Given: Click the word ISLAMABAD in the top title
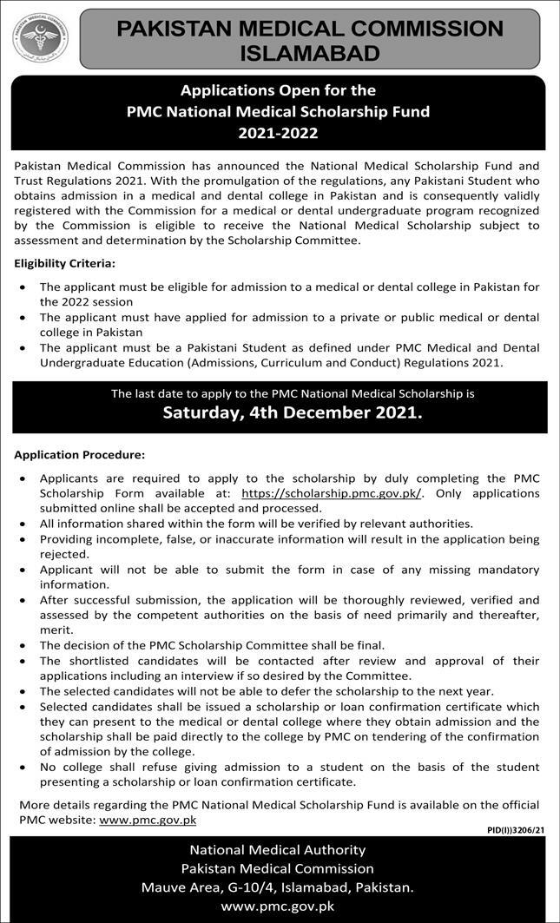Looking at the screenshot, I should [310, 53].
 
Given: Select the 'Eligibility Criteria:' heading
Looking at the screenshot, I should [64, 262].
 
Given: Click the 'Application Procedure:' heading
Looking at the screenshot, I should [79, 454].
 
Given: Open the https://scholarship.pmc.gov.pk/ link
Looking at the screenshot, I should [332, 492].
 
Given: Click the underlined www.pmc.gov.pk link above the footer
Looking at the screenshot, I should [148, 819].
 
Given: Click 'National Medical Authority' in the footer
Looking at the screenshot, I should [278, 850].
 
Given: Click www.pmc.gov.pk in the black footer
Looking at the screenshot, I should [278, 907].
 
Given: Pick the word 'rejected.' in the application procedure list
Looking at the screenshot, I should [64, 554].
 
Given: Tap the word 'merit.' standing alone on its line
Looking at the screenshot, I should [57, 630].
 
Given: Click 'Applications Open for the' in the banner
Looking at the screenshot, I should [278, 89].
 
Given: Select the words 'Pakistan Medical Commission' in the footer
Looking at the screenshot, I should [278, 868].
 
